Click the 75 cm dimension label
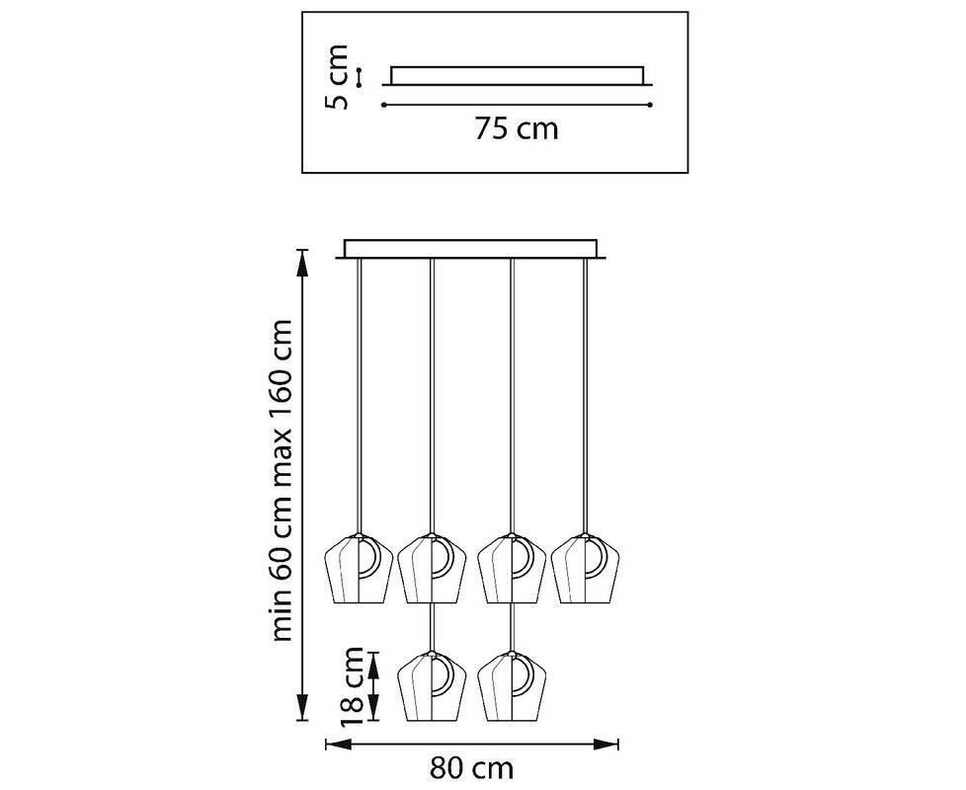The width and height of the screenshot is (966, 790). pyautogui.click(x=517, y=129)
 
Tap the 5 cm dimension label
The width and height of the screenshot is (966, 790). pyautogui.click(x=337, y=76)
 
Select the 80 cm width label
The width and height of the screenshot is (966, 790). pyautogui.click(x=471, y=768)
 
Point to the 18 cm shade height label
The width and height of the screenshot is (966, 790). pyautogui.click(x=352, y=686)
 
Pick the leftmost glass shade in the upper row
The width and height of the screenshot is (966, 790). pyautogui.click(x=359, y=569)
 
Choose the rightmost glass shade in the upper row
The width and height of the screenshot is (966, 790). pyautogui.click(x=586, y=569)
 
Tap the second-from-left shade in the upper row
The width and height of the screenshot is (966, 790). pyautogui.click(x=432, y=569)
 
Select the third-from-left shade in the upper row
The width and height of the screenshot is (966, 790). pyautogui.click(x=512, y=569)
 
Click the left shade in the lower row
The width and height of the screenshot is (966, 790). pyautogui.click(x=432, y=686)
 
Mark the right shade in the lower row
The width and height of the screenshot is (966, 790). pyautogui.click(x=512, y=686)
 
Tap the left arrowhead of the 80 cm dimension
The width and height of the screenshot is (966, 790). pyautogui.click(x=338, y=745)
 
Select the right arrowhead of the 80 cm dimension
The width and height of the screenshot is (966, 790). pyautogui.click(x=605, y=745)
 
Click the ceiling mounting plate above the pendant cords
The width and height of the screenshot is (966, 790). pyautogui.click(x=471, y=250)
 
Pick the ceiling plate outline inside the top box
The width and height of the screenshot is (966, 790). pyautogui.click(x=518, y=76)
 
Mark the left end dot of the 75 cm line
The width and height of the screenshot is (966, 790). pyautogui.click(x=384, y=106)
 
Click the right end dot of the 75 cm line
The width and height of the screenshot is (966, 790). pyautogui.click(x=650, y=106)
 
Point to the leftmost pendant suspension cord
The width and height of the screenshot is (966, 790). pyautogui.click(x=360, y=396)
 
